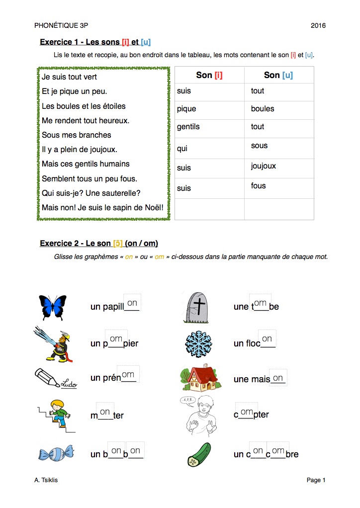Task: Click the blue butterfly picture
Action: [x=52, y=307]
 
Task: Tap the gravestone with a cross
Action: [x=198, y=305]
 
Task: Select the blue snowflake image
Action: [x=198, y=342]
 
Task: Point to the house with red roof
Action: [x=200, y=379]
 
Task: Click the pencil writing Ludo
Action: [x=55, y=379]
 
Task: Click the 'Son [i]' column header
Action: [x=209, y=75]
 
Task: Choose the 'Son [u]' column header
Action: [x=278, y=75]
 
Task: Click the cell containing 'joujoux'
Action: [x=278, y=168]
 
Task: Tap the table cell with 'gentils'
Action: [x=209, y=128]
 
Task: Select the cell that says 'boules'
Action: [x=278, y=110]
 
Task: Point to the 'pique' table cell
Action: [x=209, y=110]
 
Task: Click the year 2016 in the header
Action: [x=318, y=25]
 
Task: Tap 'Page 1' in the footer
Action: [x=316, y=480]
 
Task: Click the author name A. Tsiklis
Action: [x=50, y=480]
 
